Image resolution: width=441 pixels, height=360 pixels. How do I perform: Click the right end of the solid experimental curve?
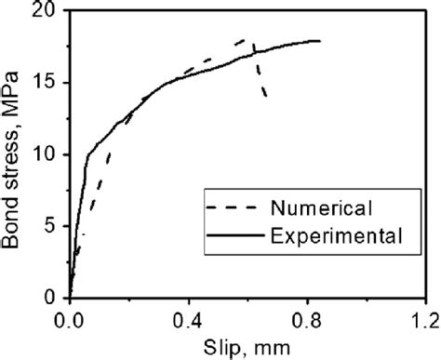click(x=320, y=41)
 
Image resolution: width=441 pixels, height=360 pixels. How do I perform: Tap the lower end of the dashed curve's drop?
click(x=266, y=97)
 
